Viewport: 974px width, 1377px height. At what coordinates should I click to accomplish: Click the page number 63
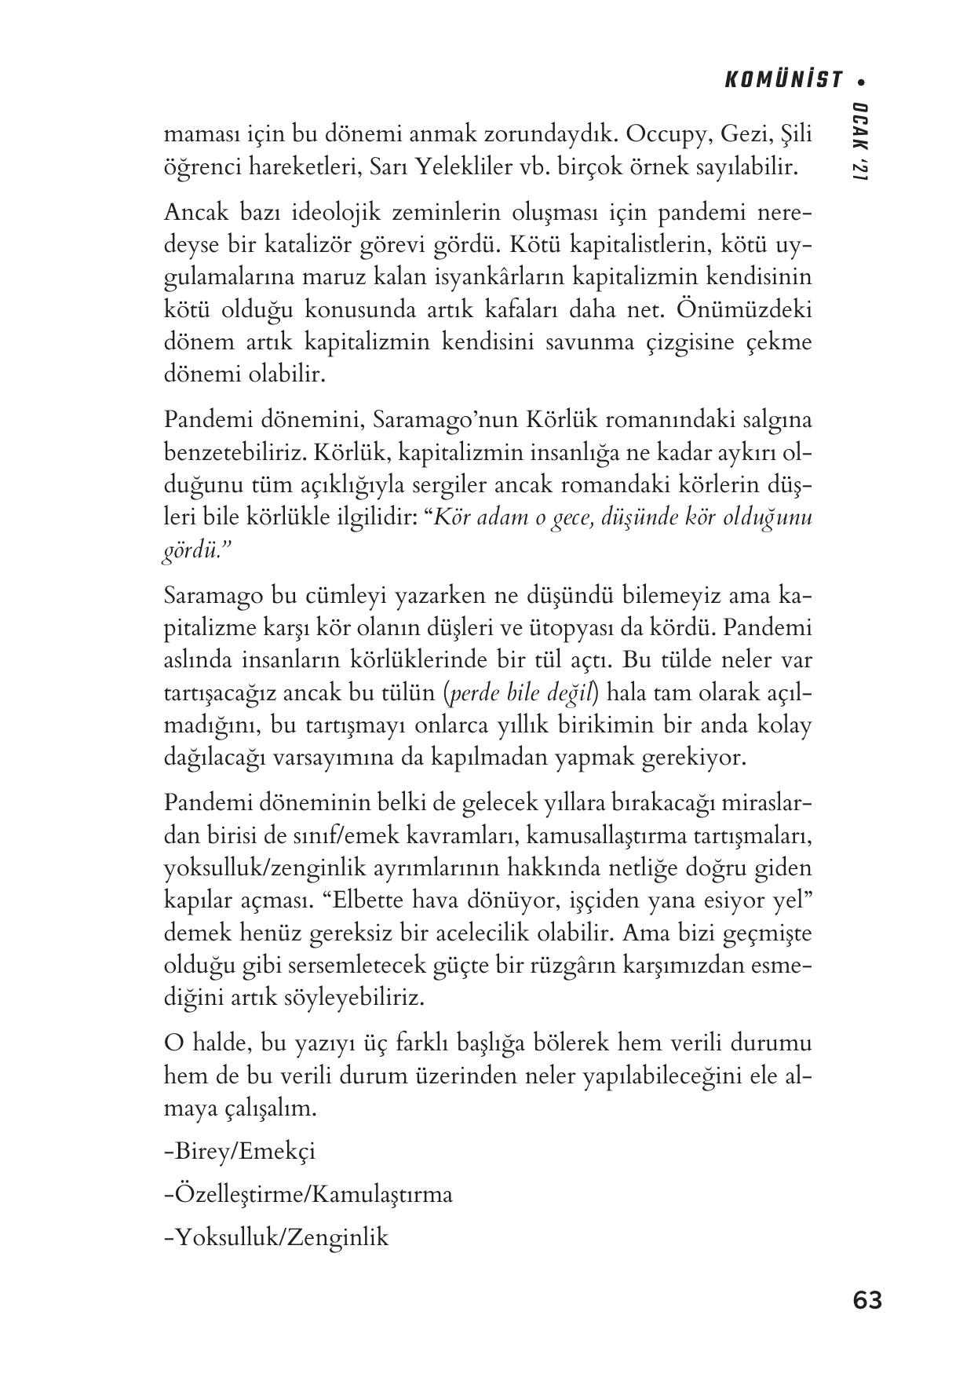coord(866,1301)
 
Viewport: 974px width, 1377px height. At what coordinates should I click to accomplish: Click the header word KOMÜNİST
coord(782,80)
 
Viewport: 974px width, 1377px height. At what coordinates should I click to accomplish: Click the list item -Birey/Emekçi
coord(240,1151)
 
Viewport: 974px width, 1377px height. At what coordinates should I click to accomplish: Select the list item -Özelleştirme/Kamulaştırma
coord(308,1194)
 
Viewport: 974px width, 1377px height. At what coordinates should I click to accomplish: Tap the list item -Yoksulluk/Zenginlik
coord(276,1237)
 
